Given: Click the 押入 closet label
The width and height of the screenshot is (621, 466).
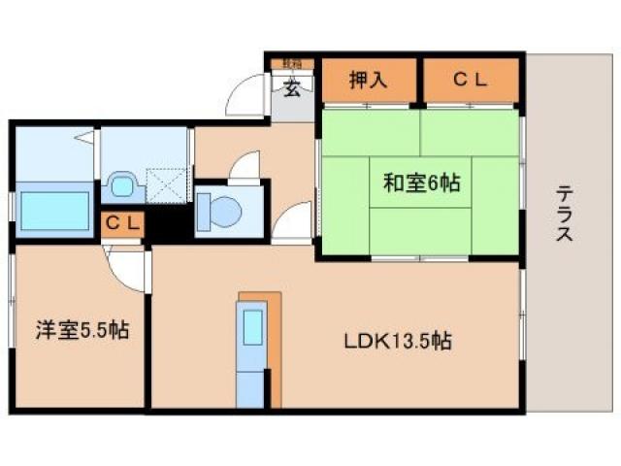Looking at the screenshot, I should click(369, 81).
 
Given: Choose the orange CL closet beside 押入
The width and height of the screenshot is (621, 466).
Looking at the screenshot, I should click(470, 81).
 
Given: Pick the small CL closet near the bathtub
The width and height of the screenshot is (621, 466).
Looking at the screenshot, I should click(123, 223).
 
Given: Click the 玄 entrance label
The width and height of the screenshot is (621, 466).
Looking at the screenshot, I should click(291, 89).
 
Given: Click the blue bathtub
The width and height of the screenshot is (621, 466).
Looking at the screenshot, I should click(53, 209).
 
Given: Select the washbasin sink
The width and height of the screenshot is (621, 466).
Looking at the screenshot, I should click(122, 183).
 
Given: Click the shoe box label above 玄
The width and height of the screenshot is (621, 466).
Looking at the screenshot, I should click(291, 64).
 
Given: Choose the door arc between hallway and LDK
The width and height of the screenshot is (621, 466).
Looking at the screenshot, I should click(291, 225).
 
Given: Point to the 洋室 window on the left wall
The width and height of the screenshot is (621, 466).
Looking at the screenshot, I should click(11, 320).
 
